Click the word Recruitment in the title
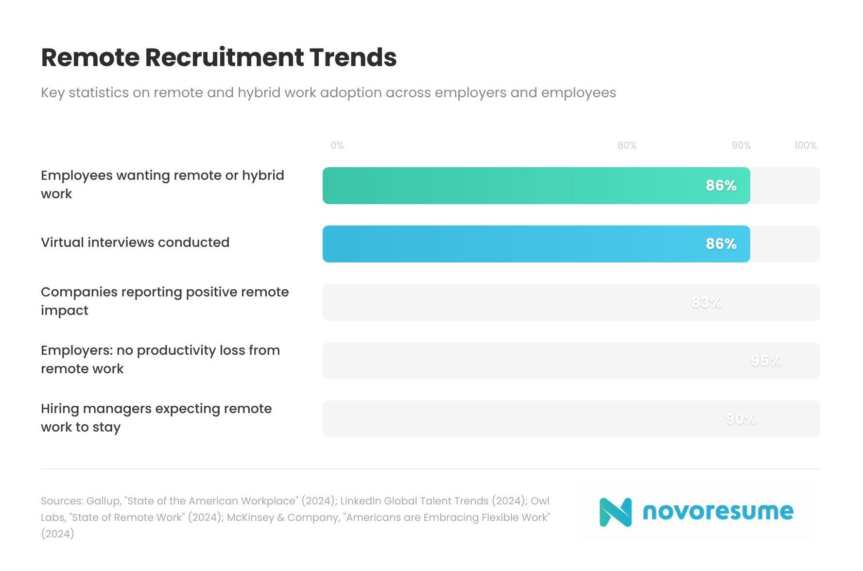(224, 57)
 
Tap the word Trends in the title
(353, 57)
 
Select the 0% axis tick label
(337, 145)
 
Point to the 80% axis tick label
(627, 145)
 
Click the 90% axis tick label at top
(741, 145)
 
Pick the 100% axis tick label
(805, 145)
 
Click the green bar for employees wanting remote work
(510, 186)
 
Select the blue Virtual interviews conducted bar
(510, 244)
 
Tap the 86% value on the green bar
(721, 186)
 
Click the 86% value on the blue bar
(721, 244)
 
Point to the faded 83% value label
(706, 302)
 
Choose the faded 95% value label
(766, 361)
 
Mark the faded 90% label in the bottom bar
(741, 419)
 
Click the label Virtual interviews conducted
(135, 242)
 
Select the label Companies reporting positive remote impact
(164, 301)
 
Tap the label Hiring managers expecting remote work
(156, 417)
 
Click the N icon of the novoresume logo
(615, 512)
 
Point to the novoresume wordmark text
(718, 511)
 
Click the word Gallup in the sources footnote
(104, 501)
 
